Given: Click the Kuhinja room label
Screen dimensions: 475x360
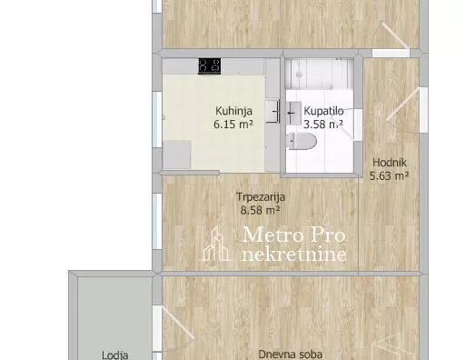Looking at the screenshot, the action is click(x=233, y=111).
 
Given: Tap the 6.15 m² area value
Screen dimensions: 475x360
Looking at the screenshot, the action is click(x=233, y=125).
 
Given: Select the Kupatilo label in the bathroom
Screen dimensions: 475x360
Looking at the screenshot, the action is click(x=323, y=111).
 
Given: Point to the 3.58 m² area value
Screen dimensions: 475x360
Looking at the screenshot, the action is click(x=323, y=124).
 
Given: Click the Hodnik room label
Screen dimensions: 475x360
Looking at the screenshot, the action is click(x=390, y=163).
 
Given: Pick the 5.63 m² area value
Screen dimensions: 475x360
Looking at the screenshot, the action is click(x=390, y=175).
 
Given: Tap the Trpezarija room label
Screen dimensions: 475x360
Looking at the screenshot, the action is click(x=261, y=197).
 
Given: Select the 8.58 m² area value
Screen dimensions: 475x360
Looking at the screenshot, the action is click(x=260, y=210).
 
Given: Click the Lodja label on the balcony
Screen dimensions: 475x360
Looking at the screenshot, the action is click(x=114, y=355).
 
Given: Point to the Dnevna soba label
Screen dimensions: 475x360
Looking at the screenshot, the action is click(x=290, y=355).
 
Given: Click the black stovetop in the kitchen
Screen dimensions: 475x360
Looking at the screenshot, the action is click(x=209, y=65).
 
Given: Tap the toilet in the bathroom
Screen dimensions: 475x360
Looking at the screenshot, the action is click(x=302, y=141).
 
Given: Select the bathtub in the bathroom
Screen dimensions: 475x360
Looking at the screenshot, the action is click(x=320, y=74).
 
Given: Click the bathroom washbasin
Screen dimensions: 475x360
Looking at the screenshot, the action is click(x=293, y=113).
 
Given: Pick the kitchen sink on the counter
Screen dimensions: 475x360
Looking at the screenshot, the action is click(x=272, y=112).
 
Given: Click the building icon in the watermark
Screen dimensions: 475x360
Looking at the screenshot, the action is click(x=215, y=244).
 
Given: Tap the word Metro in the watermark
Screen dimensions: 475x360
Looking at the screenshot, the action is click(x=268, y=235).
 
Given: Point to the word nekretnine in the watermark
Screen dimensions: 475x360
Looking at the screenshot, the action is click(x=294, y=255).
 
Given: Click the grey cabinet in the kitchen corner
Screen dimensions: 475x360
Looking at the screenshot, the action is click(x=177, y=155).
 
